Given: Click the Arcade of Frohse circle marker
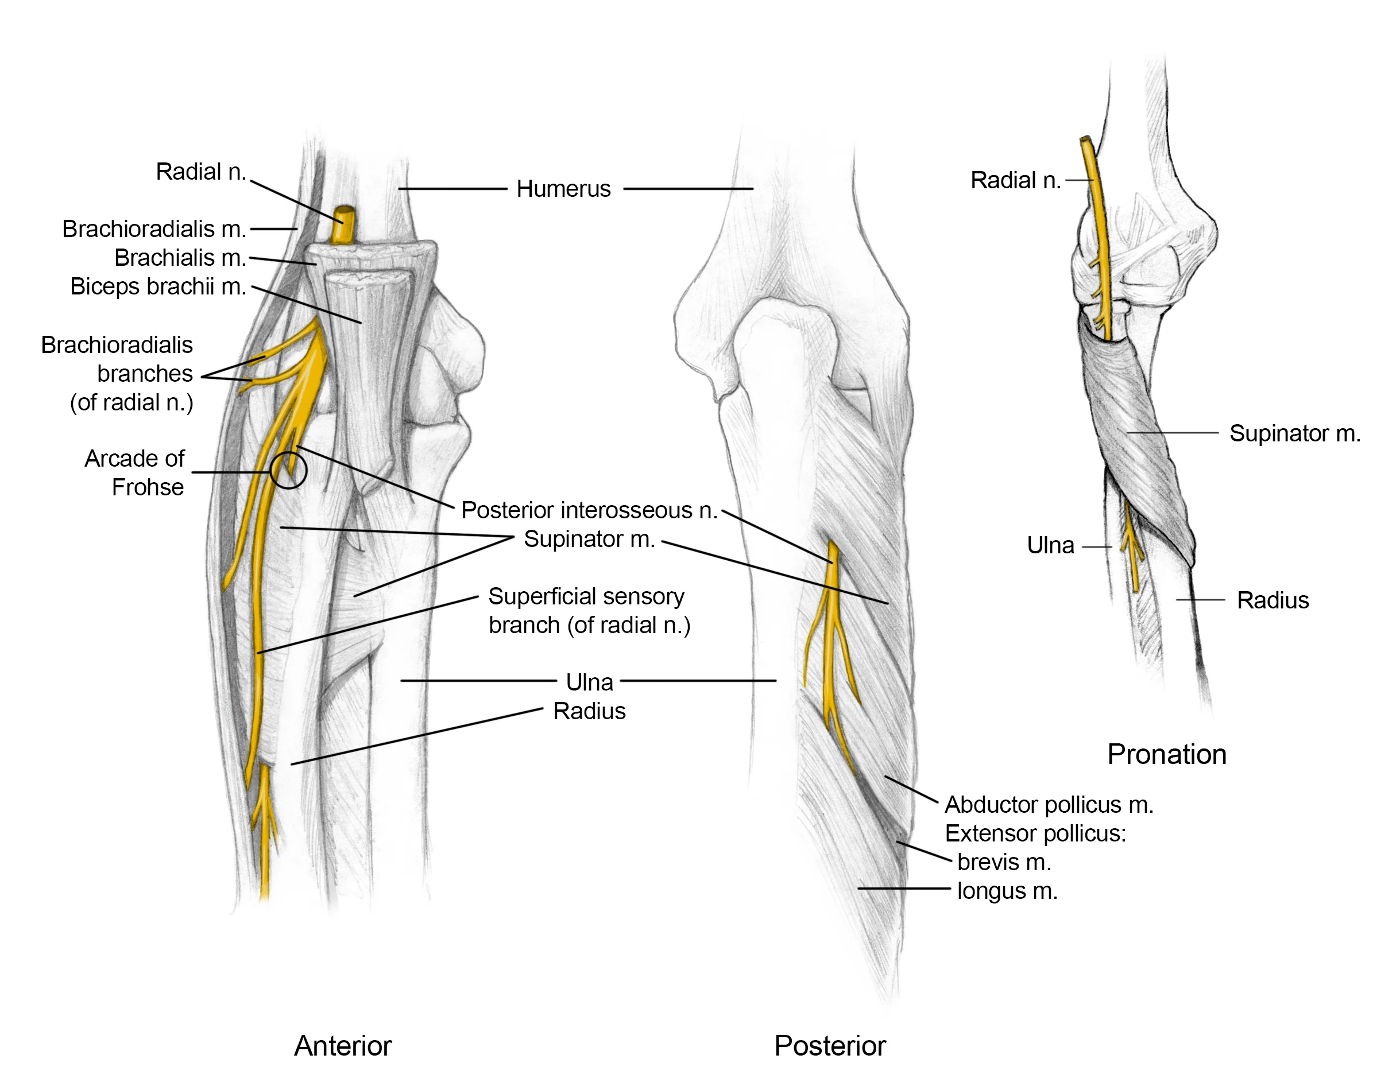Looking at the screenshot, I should tap(288, 471).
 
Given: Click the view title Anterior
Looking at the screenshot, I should tap(343, 1046).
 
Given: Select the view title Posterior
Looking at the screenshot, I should tap(830, 1046).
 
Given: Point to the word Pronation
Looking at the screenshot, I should tap(1167, 754).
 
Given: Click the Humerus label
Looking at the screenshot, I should tap(563, 189).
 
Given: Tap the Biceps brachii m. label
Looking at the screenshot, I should tap(158, 286).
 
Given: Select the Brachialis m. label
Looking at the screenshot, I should tap(180, 258).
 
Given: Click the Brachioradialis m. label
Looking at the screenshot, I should tap(153, 229).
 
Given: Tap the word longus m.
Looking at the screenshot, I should tap(1007, 891).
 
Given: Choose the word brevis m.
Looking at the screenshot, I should tap(1004, 863).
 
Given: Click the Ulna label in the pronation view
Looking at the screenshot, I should tap(1050, 546).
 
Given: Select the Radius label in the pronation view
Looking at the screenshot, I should tap(1273, 600).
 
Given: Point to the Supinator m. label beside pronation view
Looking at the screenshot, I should tap(1294, 433).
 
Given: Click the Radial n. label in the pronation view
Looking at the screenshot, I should tap(1015, 181).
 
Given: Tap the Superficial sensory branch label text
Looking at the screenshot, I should tap(589, 611).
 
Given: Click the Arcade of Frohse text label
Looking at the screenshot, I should tap(135, 473).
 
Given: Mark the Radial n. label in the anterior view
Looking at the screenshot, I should tap(200, 172).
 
